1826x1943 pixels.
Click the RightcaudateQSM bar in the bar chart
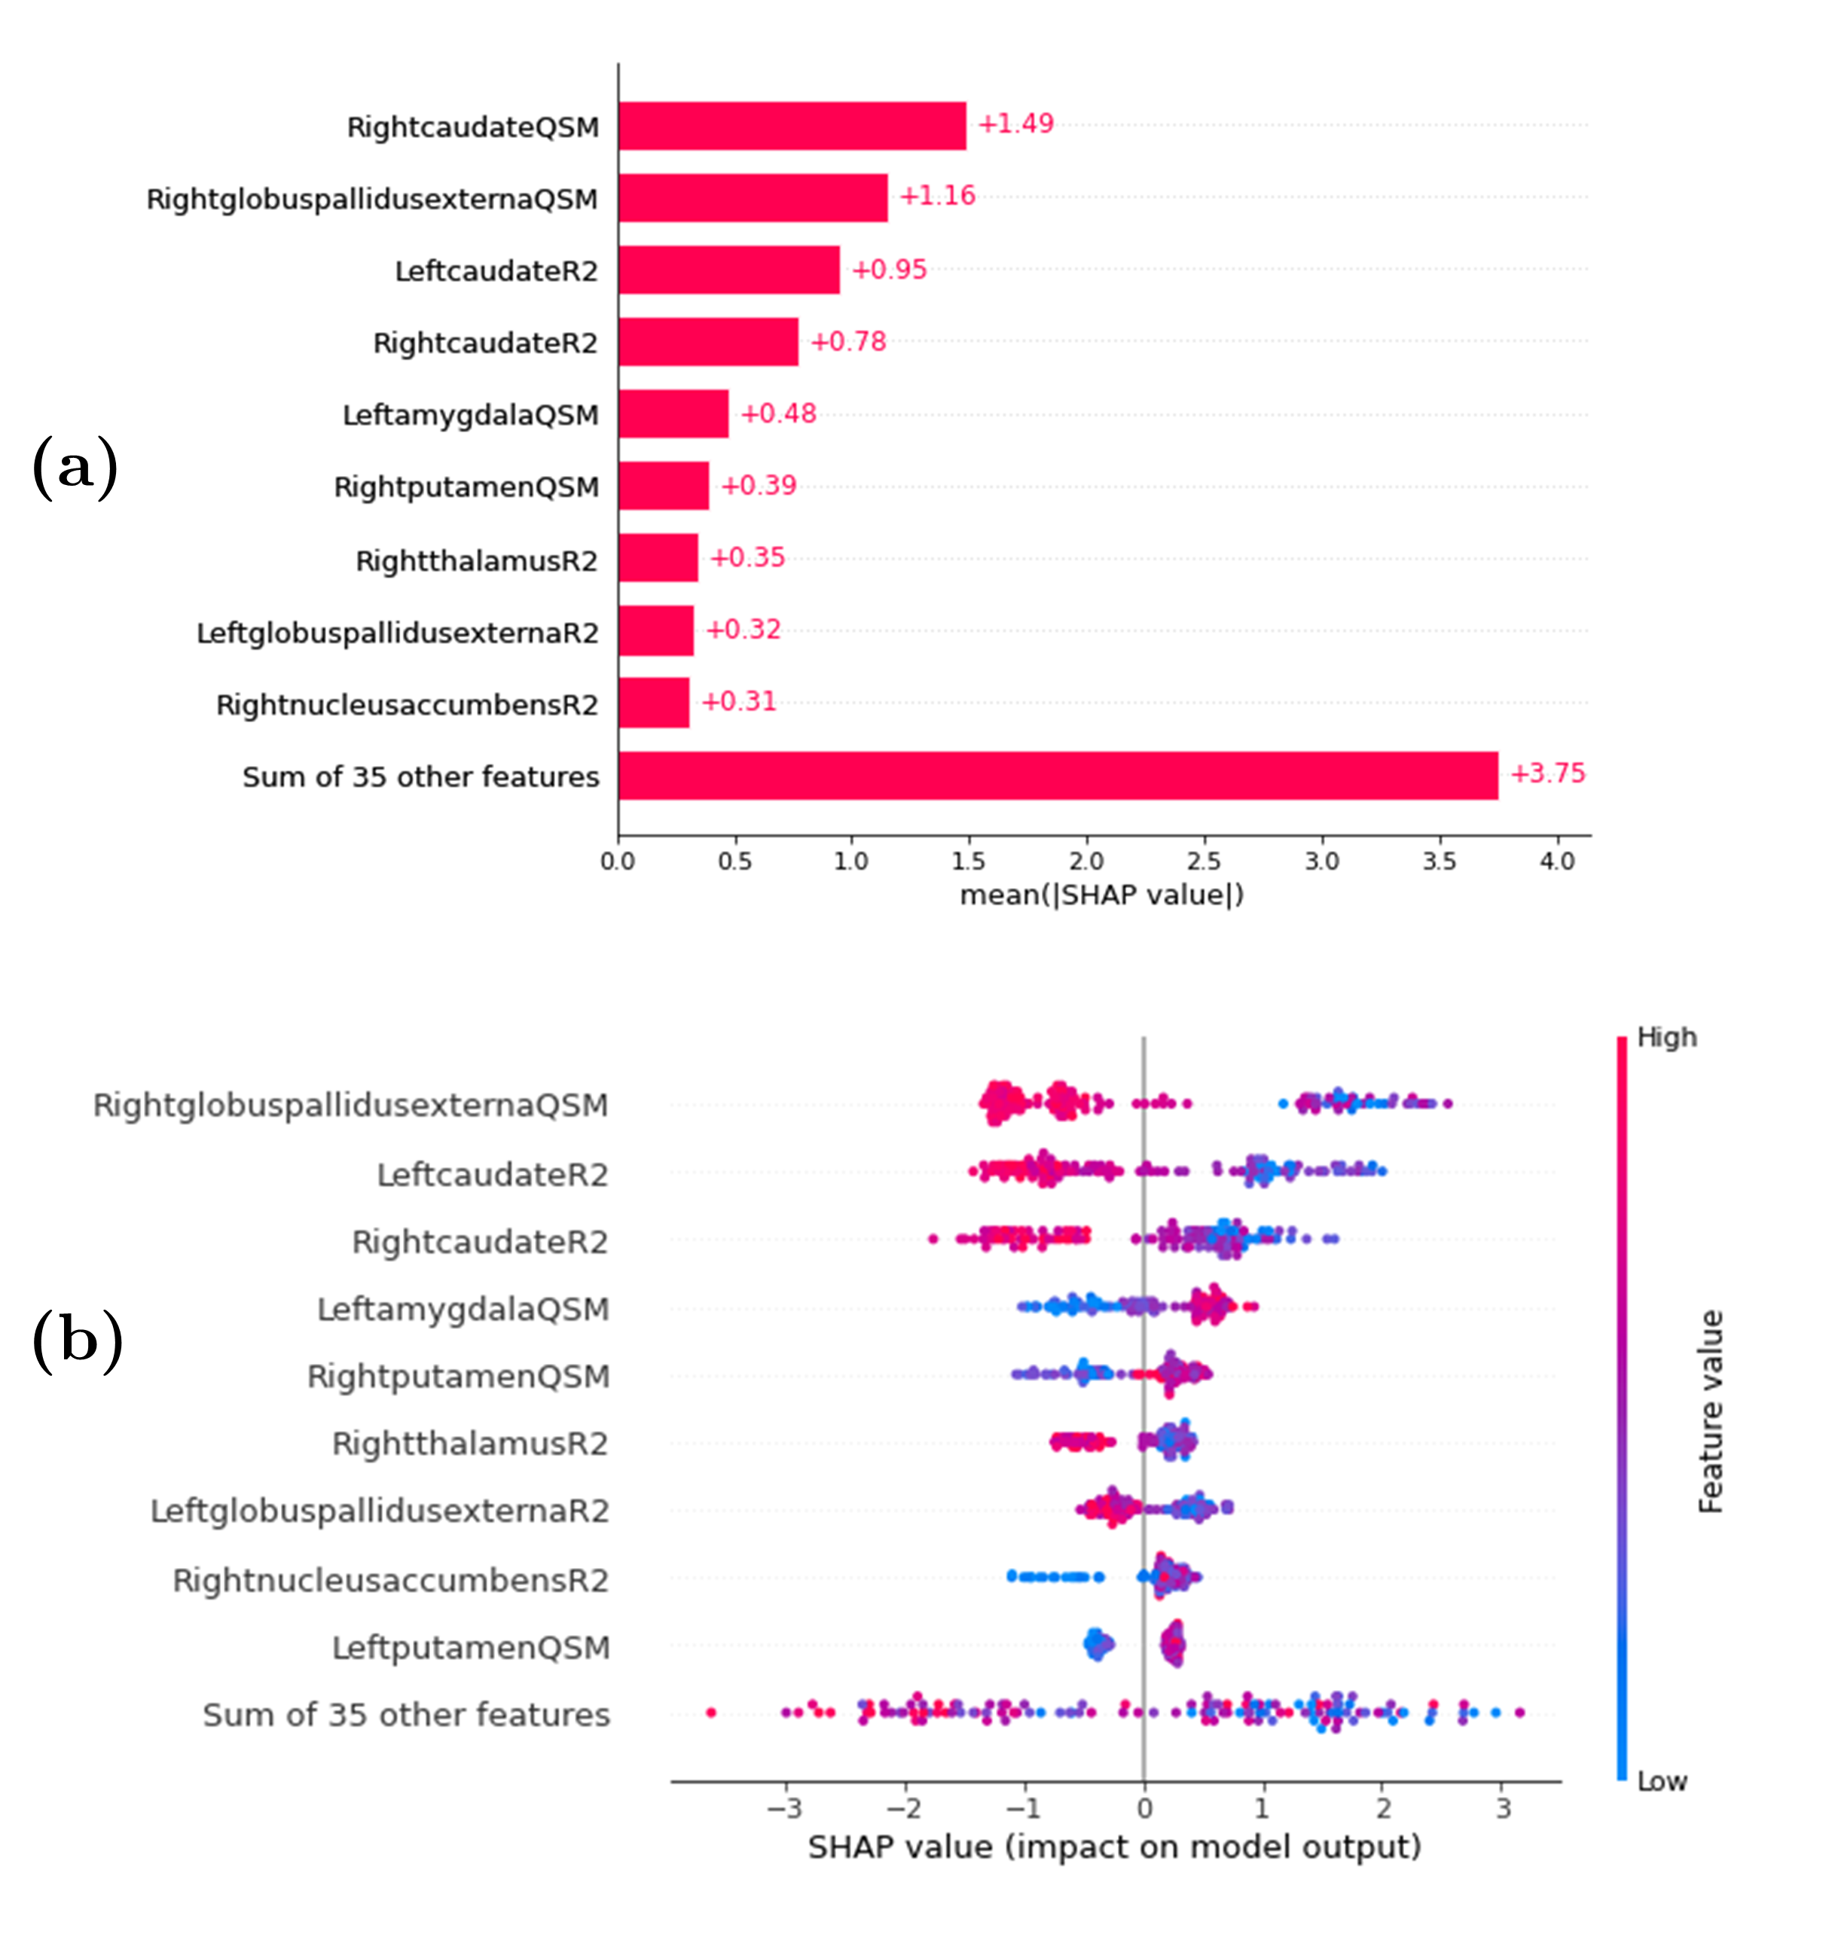(x=792, y=126)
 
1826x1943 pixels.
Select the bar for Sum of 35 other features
(x=1058, y=776)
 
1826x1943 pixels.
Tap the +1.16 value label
(x=936, y=196)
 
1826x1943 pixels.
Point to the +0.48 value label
(x=778, y=413)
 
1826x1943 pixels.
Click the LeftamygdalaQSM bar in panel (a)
(x=673, y=413)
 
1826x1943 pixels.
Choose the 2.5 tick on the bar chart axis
(x=1203, y=861)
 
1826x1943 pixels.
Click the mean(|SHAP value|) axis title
(x=1101, y=895)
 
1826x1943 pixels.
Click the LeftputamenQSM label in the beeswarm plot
(x=470, y=1648)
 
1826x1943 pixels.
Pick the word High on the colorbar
(x=1666, y=1037)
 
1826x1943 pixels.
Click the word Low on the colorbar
(x=1662, y=1782)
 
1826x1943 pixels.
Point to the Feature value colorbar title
(x=1711, y=1411)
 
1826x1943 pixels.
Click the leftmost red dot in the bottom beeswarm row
(x=710, y=1713)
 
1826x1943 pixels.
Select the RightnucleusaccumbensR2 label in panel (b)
(x=390, y=1581)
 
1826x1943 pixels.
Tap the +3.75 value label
(x=1547, y=773)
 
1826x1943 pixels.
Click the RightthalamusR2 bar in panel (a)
(x=658, y=557)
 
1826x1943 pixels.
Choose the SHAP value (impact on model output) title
(x=1114, y=1847)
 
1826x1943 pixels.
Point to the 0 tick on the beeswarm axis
(x=1144, y=1808)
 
